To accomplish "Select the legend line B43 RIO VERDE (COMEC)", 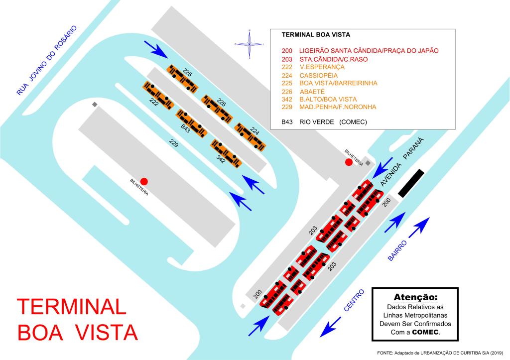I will (324, 121).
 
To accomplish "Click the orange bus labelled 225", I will (181, 78).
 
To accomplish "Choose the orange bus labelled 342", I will (226, 153).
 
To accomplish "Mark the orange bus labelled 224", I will (250, 136).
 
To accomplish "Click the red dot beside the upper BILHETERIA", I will (349, 163).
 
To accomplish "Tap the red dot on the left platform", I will (144, 181).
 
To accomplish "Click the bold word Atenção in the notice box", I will (414, 297).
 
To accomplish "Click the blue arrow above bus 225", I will (156, 48).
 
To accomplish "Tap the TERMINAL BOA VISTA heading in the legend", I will (316, 35).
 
